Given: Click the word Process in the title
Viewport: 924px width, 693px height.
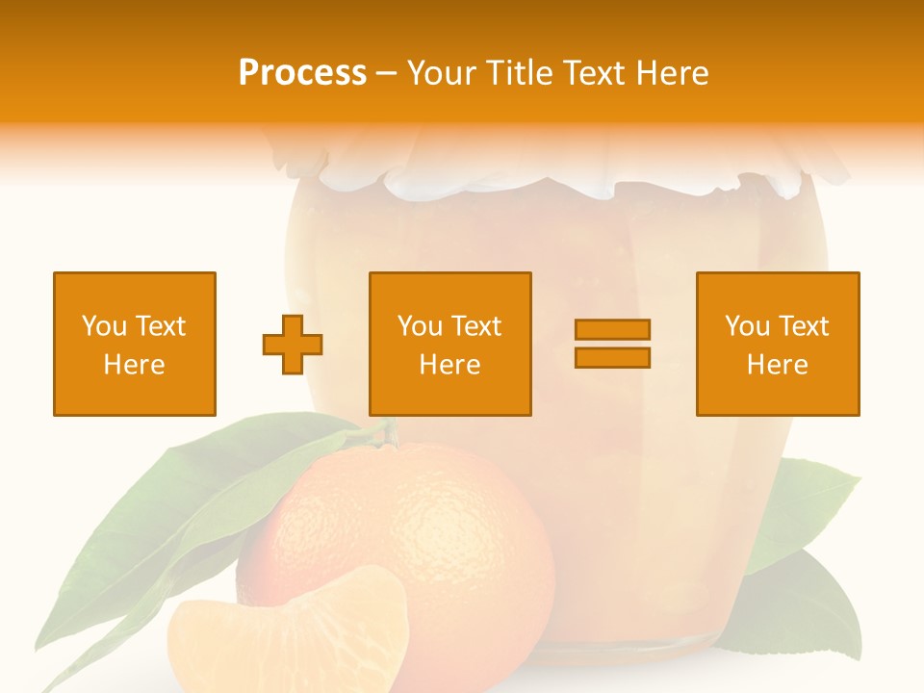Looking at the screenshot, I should coord(302,73).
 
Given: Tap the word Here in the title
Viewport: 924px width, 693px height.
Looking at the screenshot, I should coord(671,73).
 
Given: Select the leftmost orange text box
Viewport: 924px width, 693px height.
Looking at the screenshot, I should coord(134,344).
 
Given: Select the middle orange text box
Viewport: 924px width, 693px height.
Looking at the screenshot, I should coord(449,344).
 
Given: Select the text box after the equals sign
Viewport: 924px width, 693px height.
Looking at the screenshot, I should coord(777,344).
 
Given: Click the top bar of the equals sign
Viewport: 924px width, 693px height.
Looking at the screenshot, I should coord(612,329).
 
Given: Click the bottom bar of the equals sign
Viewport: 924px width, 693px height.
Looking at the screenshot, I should coord(612,358).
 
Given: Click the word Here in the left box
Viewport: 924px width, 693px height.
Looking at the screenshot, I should coord(134,365).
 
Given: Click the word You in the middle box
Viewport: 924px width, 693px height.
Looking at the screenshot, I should coord(420,326).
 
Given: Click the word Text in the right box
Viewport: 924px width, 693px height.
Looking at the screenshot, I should coord(804,326).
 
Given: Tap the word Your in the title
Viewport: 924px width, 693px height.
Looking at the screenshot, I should coord(445,73).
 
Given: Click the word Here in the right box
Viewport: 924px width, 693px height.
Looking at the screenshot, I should coord(777,365).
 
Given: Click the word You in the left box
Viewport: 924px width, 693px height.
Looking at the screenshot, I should coord(104,326).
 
